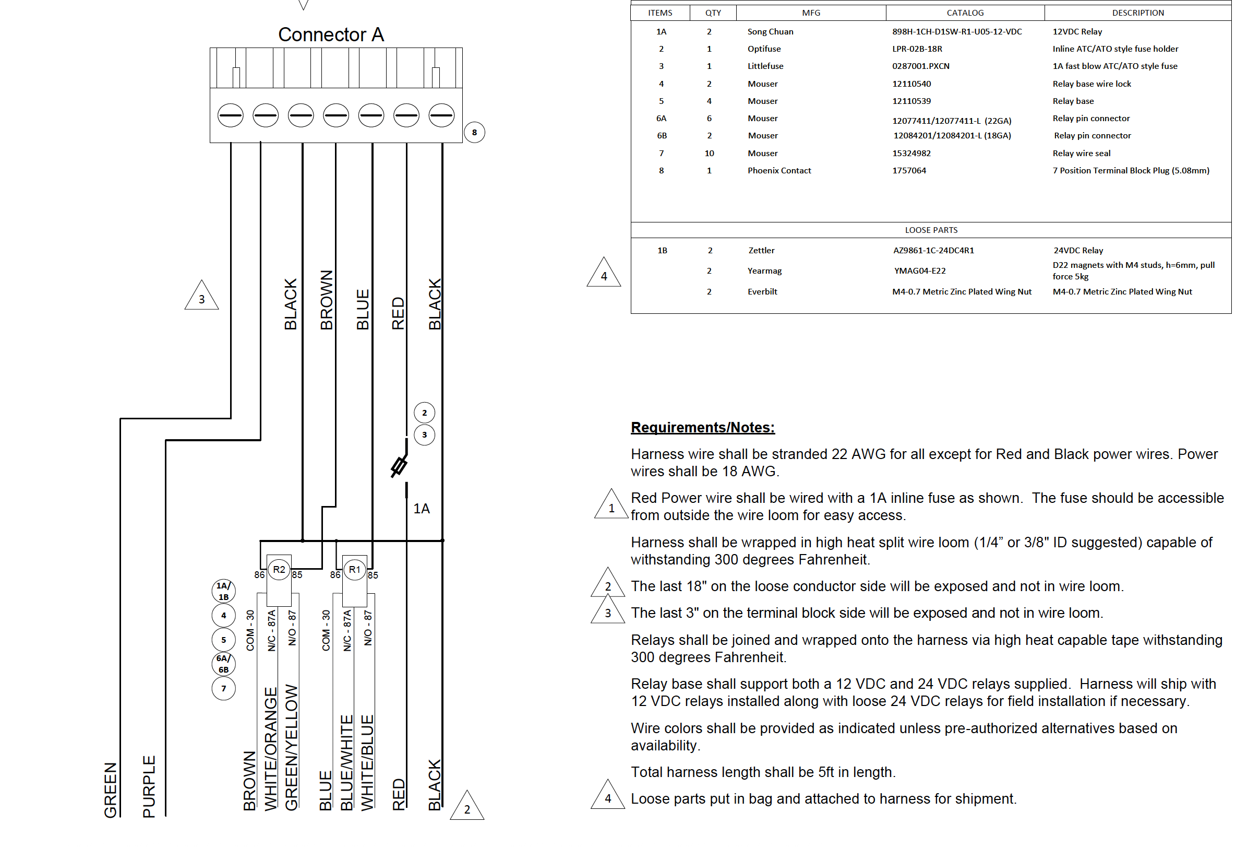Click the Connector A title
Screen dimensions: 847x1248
click(331, 35)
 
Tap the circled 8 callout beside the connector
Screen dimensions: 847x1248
click(474, 133)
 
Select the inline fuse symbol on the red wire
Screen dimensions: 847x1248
click(400, 466)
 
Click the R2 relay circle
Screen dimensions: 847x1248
click(279, 570)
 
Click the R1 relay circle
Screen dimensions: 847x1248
click(354, 570)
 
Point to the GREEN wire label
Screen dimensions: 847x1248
click(111, 790)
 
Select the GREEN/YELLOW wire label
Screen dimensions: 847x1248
click(291, 747)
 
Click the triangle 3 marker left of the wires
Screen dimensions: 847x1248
click(201, 297)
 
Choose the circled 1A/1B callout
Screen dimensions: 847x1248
click(223, 591)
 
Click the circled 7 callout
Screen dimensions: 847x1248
click(223, 688)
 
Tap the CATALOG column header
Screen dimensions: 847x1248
click(965, 13)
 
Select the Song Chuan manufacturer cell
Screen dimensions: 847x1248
click(770, 32)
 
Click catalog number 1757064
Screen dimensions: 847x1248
click(909, 171)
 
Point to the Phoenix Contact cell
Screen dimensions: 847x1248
click(778, 171)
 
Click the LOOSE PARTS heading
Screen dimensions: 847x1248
click(931, 230)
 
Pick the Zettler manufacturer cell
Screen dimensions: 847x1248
click(761, 251)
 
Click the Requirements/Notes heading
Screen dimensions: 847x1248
click(702, 427)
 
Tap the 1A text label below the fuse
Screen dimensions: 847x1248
click(421, 509)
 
